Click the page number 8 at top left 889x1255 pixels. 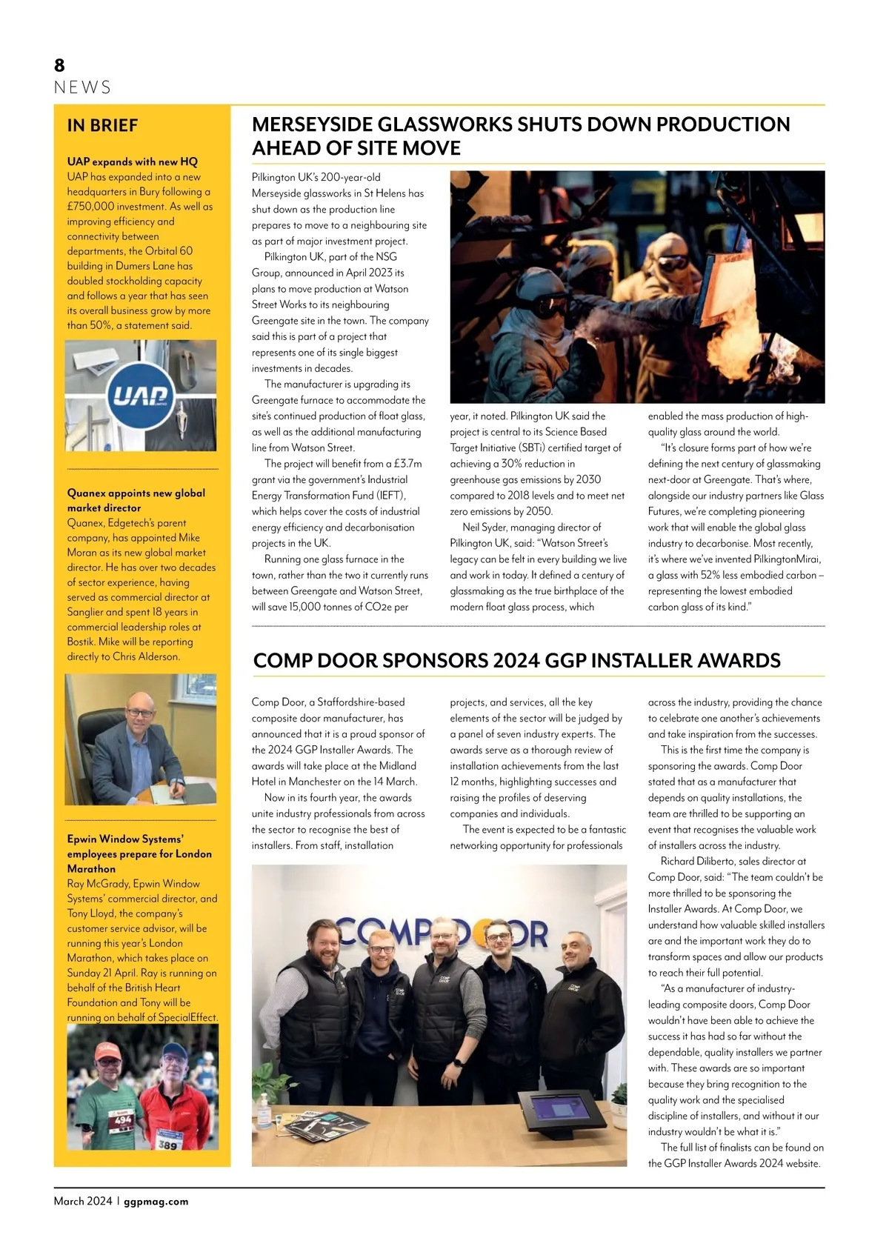[59, 66]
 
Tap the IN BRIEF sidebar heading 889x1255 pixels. [102, 125]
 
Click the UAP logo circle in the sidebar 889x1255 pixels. [141, 396]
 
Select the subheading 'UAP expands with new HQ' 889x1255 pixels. [132, 162]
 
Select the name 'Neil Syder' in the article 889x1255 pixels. [490, 527]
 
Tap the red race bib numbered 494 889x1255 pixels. [122, 1121]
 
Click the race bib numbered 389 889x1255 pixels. [167, 1145]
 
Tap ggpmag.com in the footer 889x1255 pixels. [156, 1202]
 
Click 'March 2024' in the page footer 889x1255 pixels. [83, 1202]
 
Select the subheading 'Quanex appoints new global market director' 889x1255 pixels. [136, 500]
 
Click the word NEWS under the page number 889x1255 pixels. [82, 87]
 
